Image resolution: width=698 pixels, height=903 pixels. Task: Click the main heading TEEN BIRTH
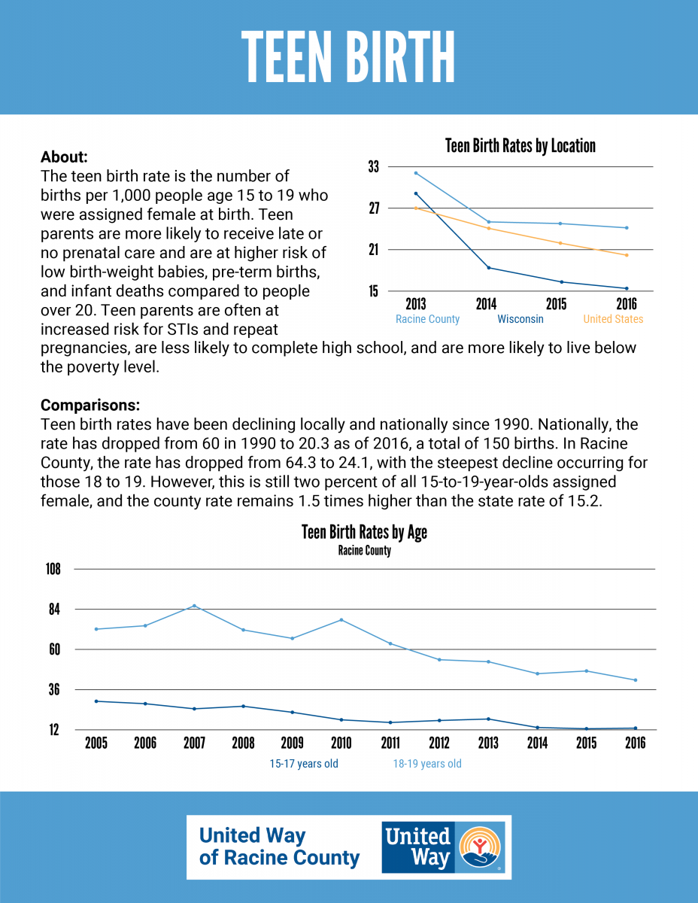tap(348, 57)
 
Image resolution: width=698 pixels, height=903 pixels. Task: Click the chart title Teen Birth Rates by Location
tap(520, 146)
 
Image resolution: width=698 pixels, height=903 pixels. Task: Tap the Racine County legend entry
tap(427, 319)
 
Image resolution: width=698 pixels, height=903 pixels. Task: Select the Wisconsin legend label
tap(520, 319)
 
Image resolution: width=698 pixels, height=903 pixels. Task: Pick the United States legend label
tap(613, 319)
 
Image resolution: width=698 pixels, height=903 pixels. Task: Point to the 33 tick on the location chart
tap(374, 166)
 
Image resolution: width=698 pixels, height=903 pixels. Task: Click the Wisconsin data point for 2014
tap(489, 268)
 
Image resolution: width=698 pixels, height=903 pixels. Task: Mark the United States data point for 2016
tap(627, 255)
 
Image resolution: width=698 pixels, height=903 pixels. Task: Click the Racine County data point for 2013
tap(416, 173)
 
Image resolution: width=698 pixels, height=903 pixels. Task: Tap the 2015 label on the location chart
tap(556, 304)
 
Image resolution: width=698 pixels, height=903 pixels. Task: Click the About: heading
tap(64, 157)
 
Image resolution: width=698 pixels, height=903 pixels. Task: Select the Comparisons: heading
tap(90, 405)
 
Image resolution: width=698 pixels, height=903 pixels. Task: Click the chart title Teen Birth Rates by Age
tap(364, 532)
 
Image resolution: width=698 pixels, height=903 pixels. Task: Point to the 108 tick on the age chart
tap(53, 569)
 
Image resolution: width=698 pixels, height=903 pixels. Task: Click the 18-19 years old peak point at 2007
tap(194, 606)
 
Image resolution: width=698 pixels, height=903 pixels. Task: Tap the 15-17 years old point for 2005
tap(96, 701)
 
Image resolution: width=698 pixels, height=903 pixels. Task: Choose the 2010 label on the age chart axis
tap(341, 743)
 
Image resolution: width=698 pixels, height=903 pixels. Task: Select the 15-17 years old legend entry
tap(304, 764)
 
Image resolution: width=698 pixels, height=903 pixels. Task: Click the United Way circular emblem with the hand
tap(480, 847)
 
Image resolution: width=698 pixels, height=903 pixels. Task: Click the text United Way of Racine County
tap(279, 847)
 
